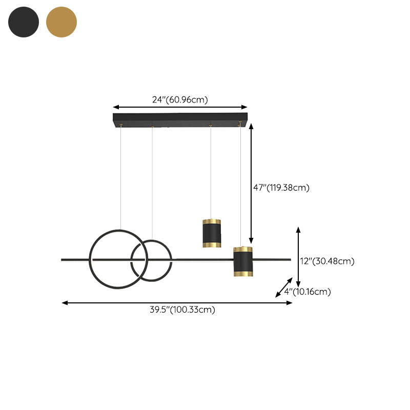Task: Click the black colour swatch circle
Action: coord(24,22)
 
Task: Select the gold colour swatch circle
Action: coord(61,22)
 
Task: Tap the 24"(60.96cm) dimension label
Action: coord(180,99)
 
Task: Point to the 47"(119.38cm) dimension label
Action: coord(281,188)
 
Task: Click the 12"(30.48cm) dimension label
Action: coord(327,261)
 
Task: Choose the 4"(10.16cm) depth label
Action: coord(307,291)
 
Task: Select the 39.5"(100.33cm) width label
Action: coord(182,310)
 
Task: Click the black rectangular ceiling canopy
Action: coord(180,120)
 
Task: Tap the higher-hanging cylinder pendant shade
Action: coord(212,233)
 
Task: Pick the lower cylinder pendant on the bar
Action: coord(243,261)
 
